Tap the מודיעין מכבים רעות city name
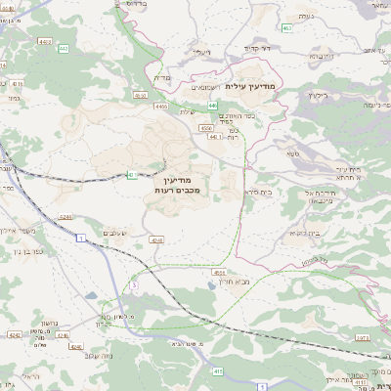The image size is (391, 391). (x=178, y=183)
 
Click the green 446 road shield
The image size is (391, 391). (x=213, y=106)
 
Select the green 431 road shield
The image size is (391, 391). (x=131, y=175)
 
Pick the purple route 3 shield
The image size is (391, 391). (x=133, y=284)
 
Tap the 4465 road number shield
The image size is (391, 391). (x=161, y=107)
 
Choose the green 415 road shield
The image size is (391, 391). (x=217, y=371)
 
